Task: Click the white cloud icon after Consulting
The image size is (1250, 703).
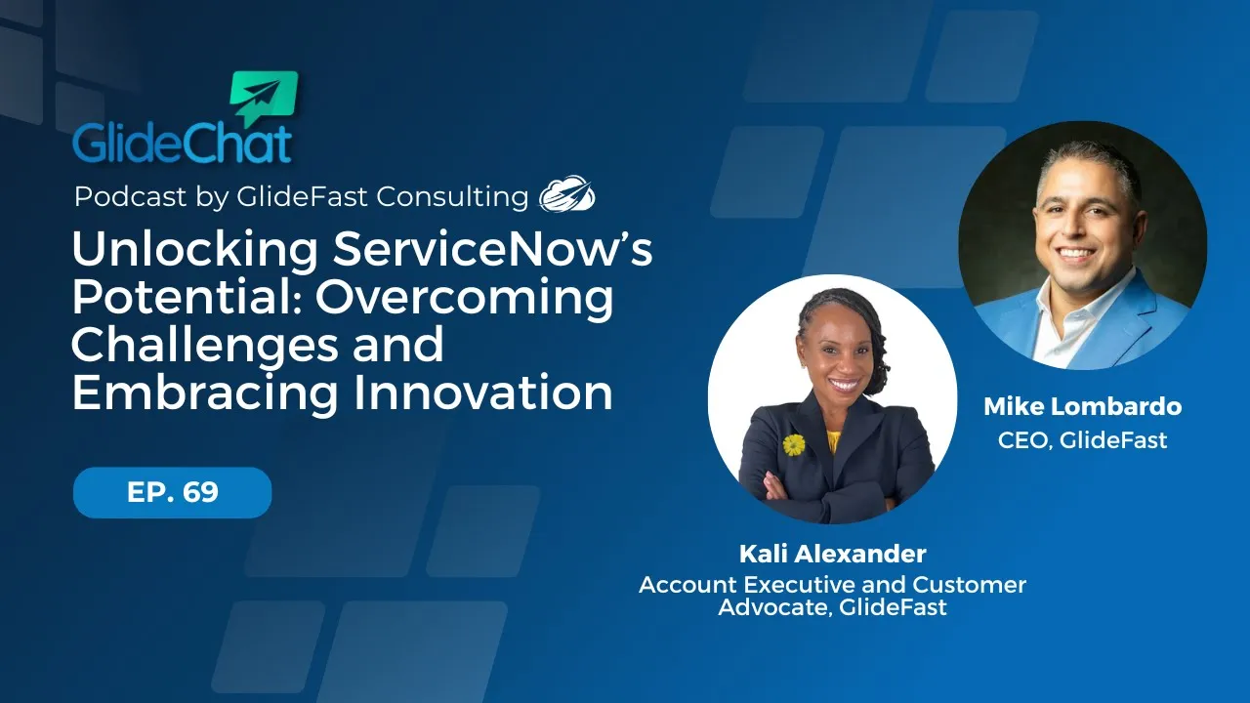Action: [x=567, y=194]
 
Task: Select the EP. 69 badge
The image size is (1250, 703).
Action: [x=172, y=492]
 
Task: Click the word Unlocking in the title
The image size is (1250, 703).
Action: [x=193, y=252]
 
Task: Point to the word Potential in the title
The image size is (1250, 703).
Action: [x=182, y=298]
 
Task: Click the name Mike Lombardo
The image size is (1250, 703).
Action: [x=1081, y=406]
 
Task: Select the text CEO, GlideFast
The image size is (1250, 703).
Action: [x=1081, y=440]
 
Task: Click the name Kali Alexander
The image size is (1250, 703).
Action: [x=832, y=555]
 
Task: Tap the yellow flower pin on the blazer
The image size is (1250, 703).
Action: [x=794, y=445]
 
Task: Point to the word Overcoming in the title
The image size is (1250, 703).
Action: [x=465, y=298]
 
